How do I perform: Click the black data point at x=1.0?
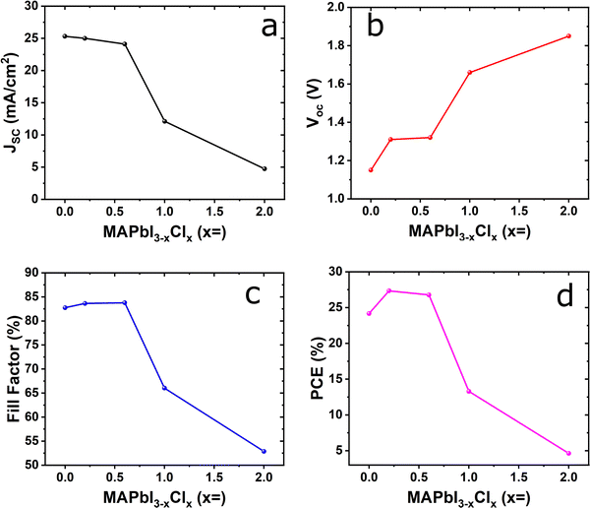pyautogui.click(x=164, y=121)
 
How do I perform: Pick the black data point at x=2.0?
pyautogui.click(x=265, y=168)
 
